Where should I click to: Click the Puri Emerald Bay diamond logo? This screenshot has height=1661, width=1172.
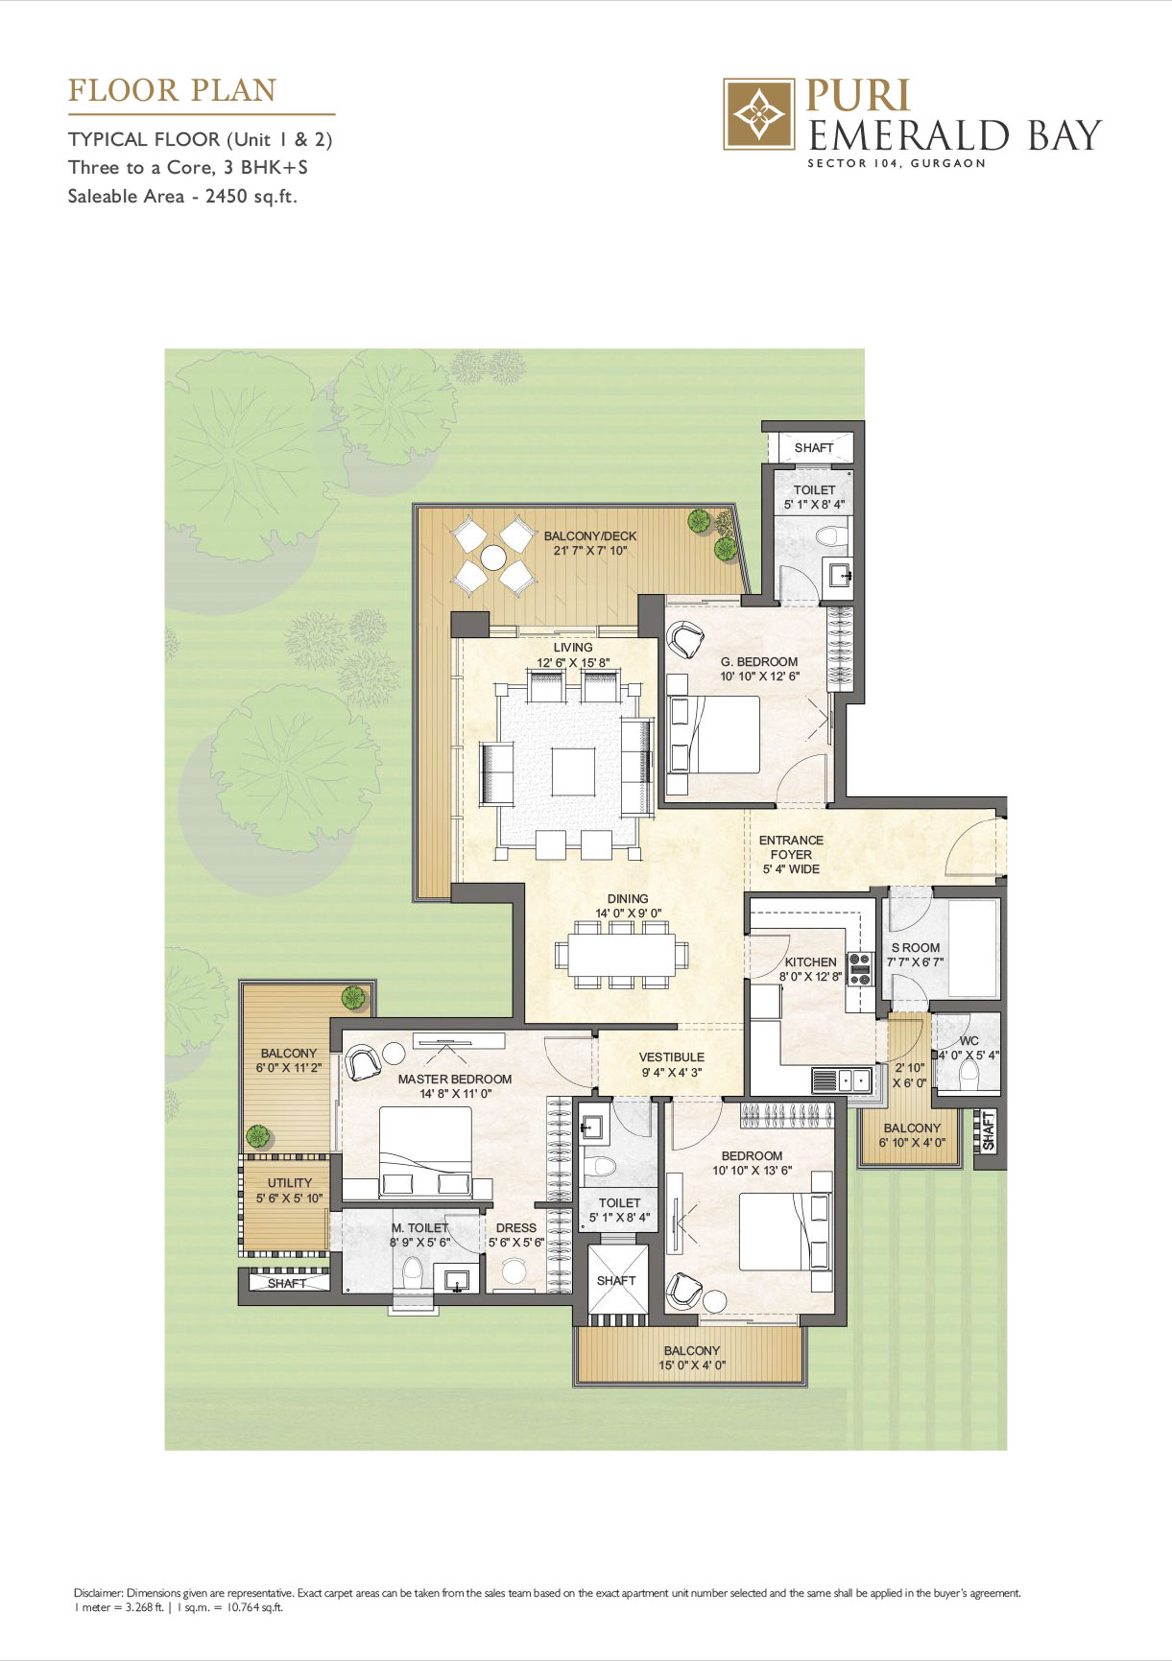(x=758, y=114)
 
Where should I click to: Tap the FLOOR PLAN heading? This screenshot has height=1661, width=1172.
(x=172, y=91)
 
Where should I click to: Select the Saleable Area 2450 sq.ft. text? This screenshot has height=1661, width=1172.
(x=182, y=197)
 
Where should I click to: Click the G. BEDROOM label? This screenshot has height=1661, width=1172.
(x=759, y=662)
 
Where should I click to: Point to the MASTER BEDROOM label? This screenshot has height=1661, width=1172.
(x=455, y=1080)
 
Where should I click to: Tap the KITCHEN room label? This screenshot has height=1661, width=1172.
(x=811, y=962)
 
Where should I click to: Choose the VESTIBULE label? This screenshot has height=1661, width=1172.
(x=672, y=1057)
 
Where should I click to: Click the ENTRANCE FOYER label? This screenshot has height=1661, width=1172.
(x=791, y=847)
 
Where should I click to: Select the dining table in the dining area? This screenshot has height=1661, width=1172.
(x=621, y=955)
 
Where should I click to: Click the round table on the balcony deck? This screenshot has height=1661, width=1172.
(x=493, y=558)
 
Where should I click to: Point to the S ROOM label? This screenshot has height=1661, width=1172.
(x=916, y=948)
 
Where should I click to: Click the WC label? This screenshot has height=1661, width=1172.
(x=969, y=1041)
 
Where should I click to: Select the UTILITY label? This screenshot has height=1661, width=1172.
(x=290, y=1183)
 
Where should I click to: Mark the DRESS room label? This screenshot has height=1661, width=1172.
(x=516, y=1228)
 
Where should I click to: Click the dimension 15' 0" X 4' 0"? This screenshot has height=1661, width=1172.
(x=692, y=1365)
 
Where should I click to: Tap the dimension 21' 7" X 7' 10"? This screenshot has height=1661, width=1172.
(x=590, y=551)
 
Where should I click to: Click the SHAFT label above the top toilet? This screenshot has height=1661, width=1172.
(x=814, y=448)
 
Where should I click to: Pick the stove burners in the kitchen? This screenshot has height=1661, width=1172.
(x=860, y=969)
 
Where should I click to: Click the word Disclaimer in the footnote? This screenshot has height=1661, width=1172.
(x=99, y=1593)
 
